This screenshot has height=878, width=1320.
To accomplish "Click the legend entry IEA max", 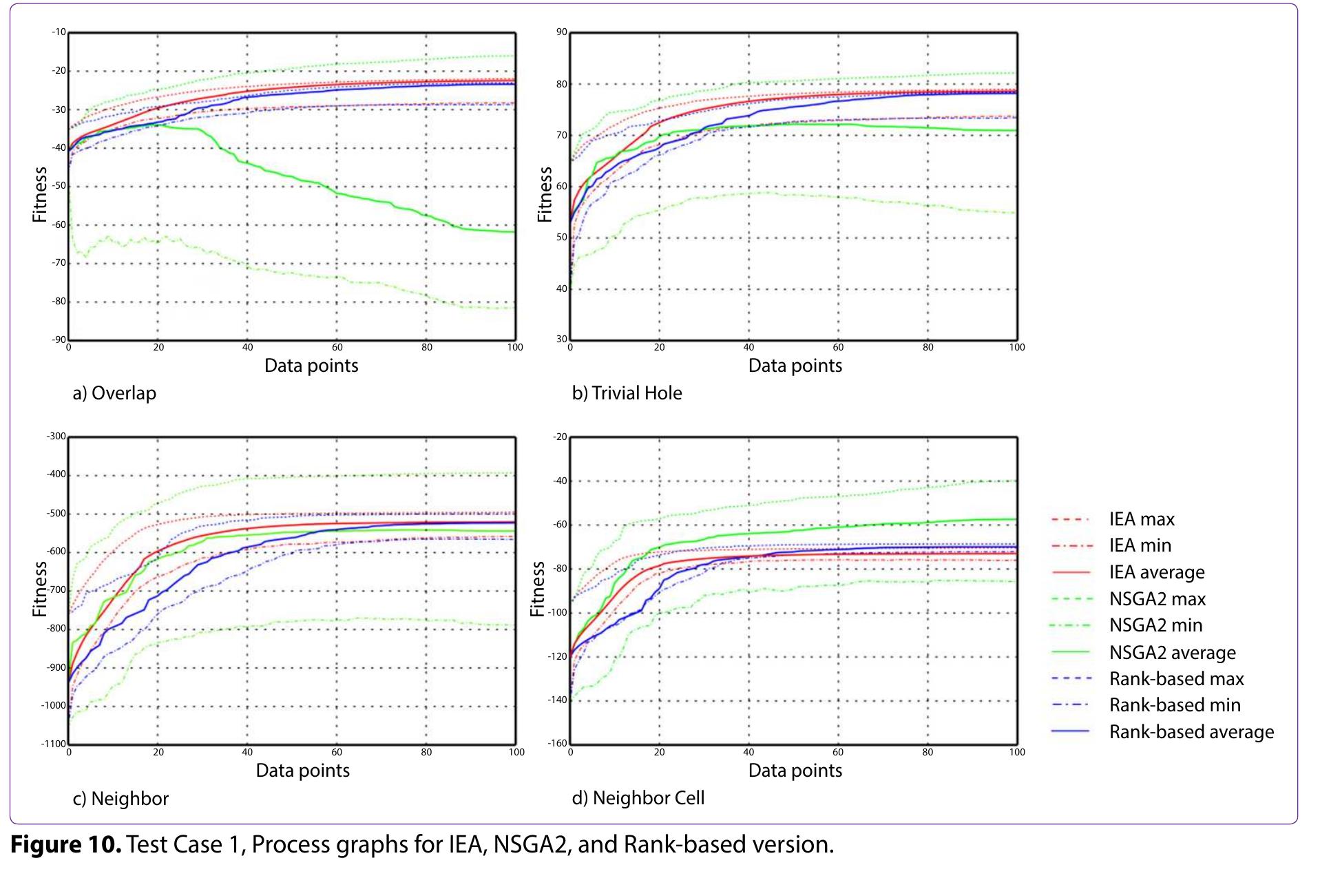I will (x=1141, y=519).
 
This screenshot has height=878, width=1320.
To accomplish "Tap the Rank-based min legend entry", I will (x=1174, y=705).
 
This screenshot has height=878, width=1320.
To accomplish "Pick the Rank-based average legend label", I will (x=1191, y=732).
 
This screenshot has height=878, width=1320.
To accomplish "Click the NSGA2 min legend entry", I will (x=1155, y=625).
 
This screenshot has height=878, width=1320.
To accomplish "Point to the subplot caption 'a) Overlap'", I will (x=114, y=393).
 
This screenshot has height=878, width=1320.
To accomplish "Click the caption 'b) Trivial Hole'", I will (x=627, y=393).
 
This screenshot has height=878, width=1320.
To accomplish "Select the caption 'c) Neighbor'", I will (x=121, y=799).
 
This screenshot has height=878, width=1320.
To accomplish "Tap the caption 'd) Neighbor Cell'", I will (x=638, y=798).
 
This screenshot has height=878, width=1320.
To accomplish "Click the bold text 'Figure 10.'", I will (x=66, y=845).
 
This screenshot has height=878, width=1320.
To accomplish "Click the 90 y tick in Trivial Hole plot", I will (x=562, y=32).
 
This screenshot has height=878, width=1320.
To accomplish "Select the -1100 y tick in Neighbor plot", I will (x=54, y=744).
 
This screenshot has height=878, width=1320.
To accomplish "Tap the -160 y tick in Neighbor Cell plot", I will (x=558, y=744).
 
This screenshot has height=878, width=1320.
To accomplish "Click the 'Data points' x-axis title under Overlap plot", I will (x=311, y=366).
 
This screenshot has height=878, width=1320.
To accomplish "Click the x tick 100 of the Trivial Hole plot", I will (x=1017, y=348).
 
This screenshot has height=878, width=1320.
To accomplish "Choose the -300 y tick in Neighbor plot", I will (x=56, y=437).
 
